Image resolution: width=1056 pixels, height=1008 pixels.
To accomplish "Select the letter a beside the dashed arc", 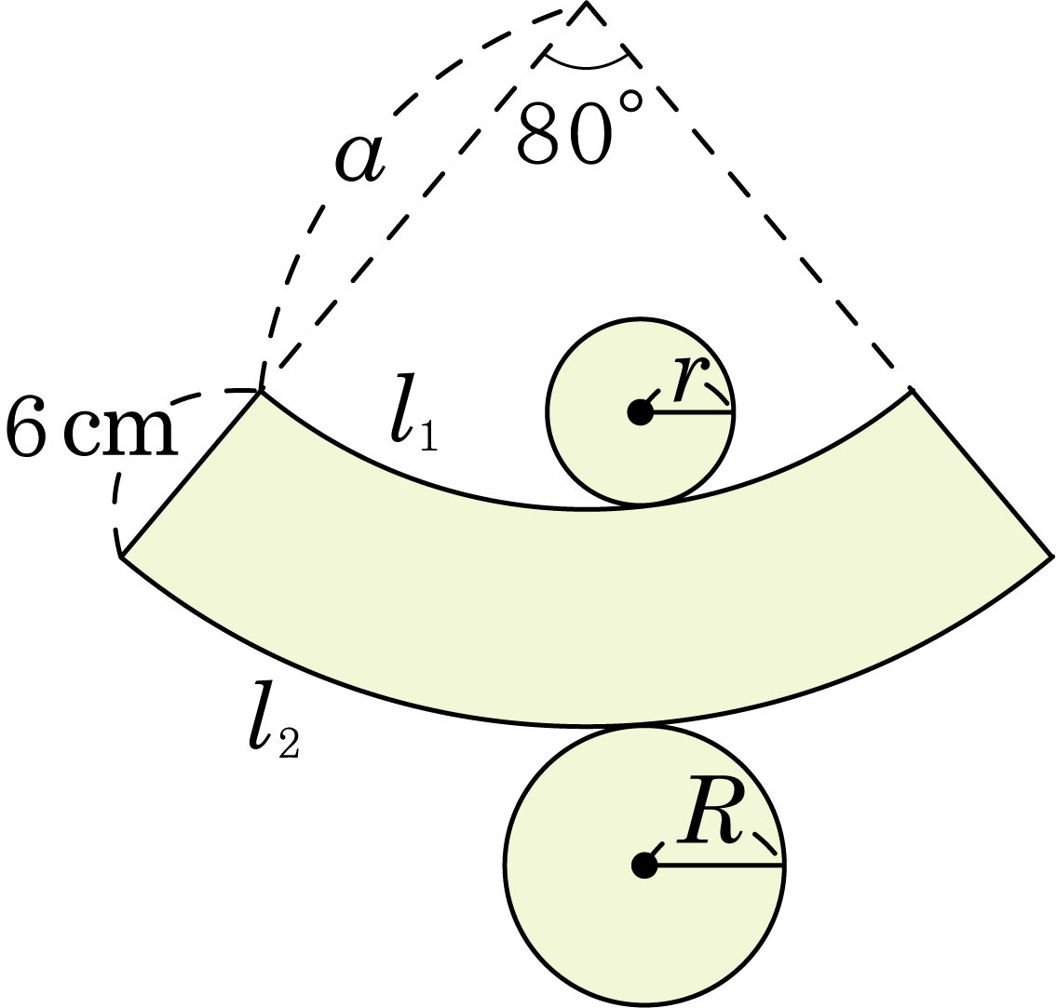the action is point(360,158).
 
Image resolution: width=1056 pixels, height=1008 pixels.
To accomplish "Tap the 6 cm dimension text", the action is point(91,430).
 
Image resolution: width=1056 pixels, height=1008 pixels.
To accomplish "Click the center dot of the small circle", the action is point(641,411).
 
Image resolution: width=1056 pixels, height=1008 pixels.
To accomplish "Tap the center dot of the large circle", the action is point(644,866).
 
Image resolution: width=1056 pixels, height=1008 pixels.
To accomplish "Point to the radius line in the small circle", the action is point(687,411).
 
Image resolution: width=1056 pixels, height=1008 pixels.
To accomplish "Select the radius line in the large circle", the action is point(714,866).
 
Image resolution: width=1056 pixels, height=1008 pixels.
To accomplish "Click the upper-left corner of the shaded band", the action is point(261,391).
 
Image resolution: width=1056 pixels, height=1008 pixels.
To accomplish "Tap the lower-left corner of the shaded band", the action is point(121,557).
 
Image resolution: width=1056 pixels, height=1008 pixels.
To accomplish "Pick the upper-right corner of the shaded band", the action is point(912,391).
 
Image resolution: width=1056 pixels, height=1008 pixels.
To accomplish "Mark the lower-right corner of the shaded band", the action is point(1050,557).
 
